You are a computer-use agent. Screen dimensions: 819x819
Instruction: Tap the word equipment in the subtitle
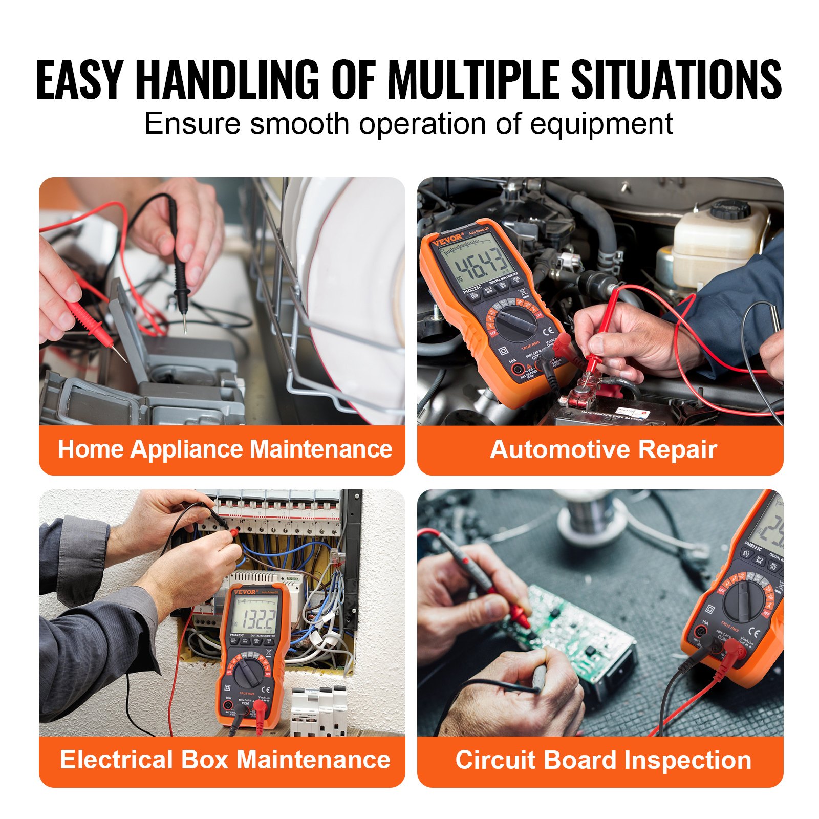tap(601, 124)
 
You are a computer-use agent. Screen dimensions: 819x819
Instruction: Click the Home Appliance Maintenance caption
tap(225, 449)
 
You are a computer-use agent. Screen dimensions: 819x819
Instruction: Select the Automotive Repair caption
tap(603, 450)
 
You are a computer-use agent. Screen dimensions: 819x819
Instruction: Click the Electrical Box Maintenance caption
tap(225, 759)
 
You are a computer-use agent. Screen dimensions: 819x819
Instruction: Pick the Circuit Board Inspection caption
tap(603, 760)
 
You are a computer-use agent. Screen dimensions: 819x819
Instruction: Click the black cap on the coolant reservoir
tap(729, 209)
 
